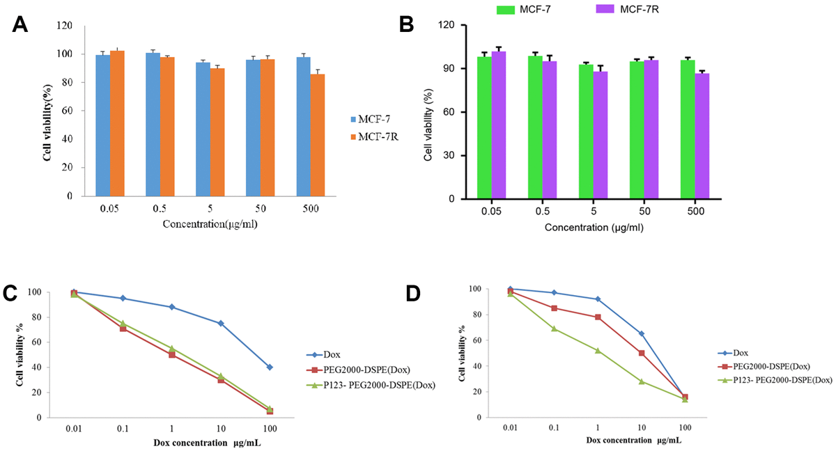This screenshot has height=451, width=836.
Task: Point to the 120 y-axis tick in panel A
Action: (64, 26)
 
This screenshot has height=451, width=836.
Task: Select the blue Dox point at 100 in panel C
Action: (269, 367)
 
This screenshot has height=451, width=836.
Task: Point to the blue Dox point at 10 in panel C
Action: (220, 323)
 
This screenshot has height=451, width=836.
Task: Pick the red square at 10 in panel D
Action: (641, 353)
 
